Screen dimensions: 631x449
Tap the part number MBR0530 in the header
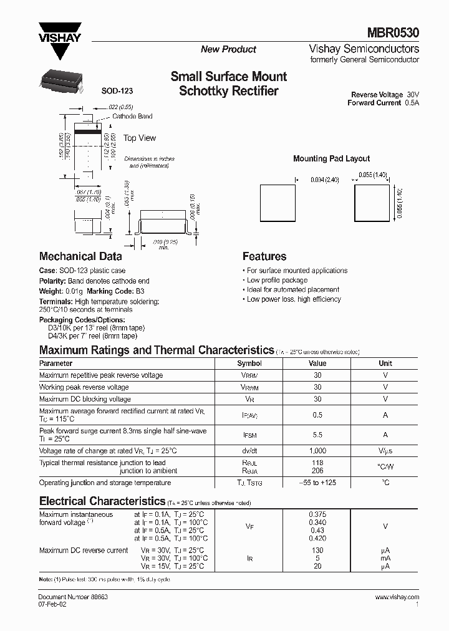coord(397,33)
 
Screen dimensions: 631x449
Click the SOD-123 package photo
coord(62,78)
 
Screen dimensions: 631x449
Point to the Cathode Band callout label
coord(132,117)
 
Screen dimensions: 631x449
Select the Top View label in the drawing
coord(140,138)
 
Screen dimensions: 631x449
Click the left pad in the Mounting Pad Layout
coord(278,203)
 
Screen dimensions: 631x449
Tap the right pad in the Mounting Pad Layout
coord(372,203)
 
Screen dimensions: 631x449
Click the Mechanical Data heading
coord(80,256)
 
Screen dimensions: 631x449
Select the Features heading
coord(264,256)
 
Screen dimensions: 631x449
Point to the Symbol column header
coord(249,363)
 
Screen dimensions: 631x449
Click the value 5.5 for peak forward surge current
coord(317,435)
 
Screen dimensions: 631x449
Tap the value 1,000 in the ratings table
coord(317,451)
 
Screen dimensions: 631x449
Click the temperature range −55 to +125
coord(317,483)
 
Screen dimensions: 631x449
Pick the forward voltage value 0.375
coord(317,514)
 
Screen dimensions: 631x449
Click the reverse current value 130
coord(317,550)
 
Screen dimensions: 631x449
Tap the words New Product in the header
coord(228,49)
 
